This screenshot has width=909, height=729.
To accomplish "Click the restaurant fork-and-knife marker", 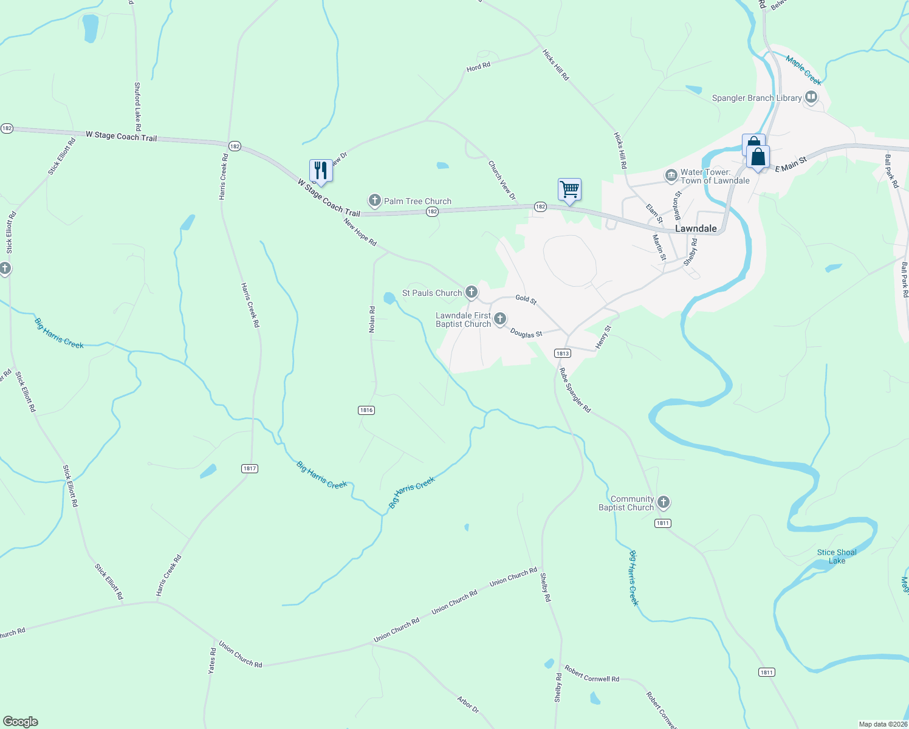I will pos(321,171).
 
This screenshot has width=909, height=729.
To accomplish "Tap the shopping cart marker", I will pos(569,189).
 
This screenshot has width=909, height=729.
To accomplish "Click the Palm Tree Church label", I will pos(417,201).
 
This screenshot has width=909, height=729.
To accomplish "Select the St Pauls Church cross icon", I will pos(471,292).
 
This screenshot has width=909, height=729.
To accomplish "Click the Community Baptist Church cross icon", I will pos(664,502).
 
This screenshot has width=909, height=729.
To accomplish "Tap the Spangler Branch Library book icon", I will pos(811,97).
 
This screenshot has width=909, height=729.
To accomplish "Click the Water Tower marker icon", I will pos(671,176).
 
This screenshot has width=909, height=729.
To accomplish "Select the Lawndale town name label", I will pos(696,228).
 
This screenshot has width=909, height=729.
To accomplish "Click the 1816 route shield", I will pos(366,410).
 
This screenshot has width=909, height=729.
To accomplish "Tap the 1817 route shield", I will pos(250,468).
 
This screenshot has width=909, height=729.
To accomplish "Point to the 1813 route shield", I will pos(562,353).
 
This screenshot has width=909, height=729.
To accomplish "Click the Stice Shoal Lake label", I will pos(837,556).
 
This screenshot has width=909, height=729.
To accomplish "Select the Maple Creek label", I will pos(803,70).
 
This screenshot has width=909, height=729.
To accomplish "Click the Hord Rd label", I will pos(478,67).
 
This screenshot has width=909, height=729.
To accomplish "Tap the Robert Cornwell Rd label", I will pos(592,674).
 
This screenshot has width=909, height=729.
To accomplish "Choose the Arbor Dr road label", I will pos(468,705).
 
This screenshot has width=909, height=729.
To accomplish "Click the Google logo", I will pos(21,722).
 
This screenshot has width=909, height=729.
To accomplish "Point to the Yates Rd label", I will pos(212,661).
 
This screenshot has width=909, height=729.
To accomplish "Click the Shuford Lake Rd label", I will pos(137,107).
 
